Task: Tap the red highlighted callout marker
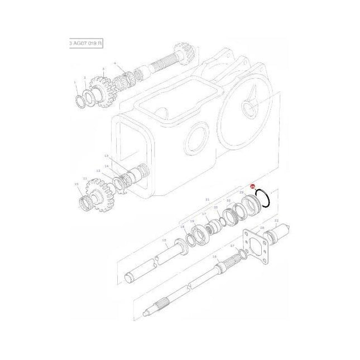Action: (252, 188)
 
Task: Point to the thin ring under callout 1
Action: (80, 100)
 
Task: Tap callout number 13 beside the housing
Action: (105, 157)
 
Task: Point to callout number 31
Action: (207, 199)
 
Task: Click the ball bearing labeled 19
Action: (196, 235)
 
